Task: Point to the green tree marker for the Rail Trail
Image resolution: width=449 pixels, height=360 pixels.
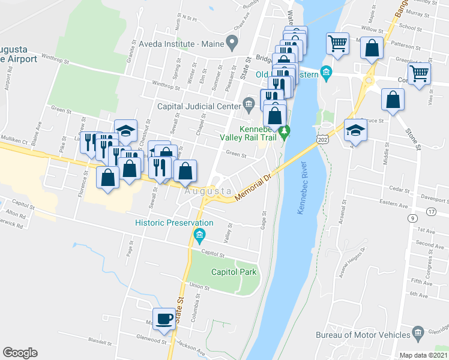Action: tap(287, 130)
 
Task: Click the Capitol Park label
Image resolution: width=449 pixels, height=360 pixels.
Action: tap(234, 272)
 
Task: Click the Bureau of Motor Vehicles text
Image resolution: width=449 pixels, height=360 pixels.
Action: tap(363, 335)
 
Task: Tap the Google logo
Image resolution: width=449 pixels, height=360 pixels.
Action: tap(20, 353)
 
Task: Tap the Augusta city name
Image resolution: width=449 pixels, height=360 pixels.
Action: tap(208, 191)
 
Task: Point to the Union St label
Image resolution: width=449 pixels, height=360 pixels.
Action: tap(199, 287)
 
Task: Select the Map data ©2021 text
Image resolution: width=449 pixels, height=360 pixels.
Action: tap(423, 355)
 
